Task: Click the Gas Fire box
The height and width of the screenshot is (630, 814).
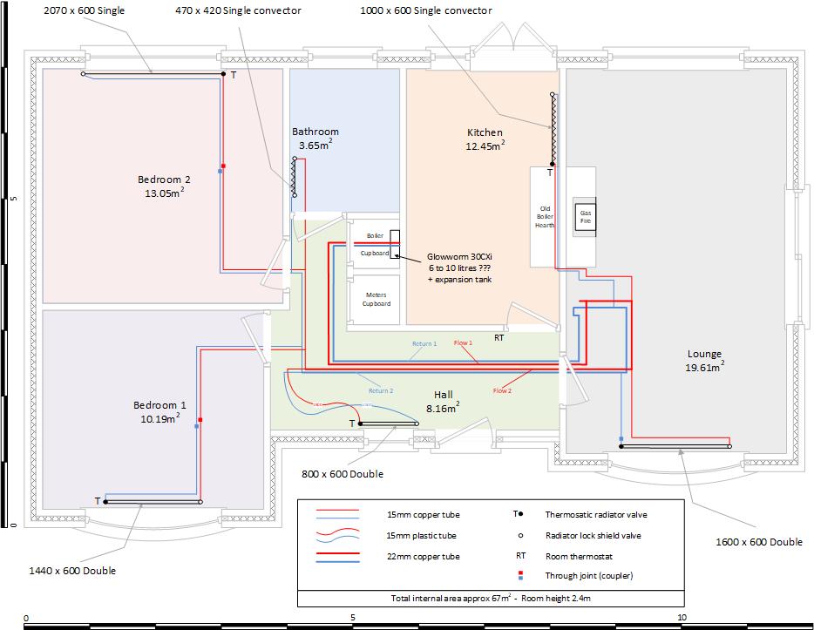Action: click(x=586, y=217)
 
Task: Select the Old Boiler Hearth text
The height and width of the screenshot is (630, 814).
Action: click(x=544, y=216)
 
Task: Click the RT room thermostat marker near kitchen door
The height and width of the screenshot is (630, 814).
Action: click(x=499, y=337)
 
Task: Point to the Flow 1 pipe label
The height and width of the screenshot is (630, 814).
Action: click(x=463, y=342)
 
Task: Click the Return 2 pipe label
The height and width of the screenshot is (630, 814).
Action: click(x=380, y=390)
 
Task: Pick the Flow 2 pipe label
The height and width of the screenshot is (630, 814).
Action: click(x=502, y=390)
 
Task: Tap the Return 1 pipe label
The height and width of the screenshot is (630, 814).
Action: click(x=424, y=344)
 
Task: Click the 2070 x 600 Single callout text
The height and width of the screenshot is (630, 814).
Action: click(x=85, y=10)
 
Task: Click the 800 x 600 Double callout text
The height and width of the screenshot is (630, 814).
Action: click(x=343, y=474)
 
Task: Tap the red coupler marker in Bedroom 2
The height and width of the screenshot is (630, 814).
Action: click(x=223, y=165)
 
